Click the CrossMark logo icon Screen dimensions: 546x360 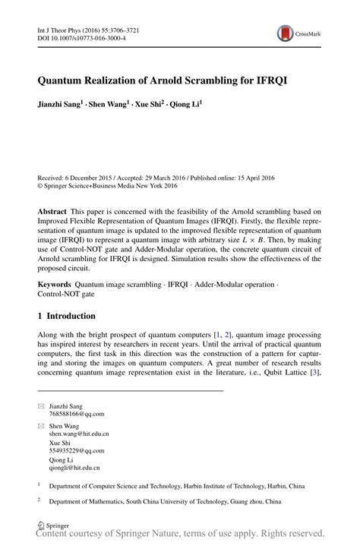[x=286, y=33]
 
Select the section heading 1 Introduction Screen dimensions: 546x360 [x=67, y=316]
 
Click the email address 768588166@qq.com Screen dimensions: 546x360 [x=77, y=414]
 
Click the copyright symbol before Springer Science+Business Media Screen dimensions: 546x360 [x=40, y=184]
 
